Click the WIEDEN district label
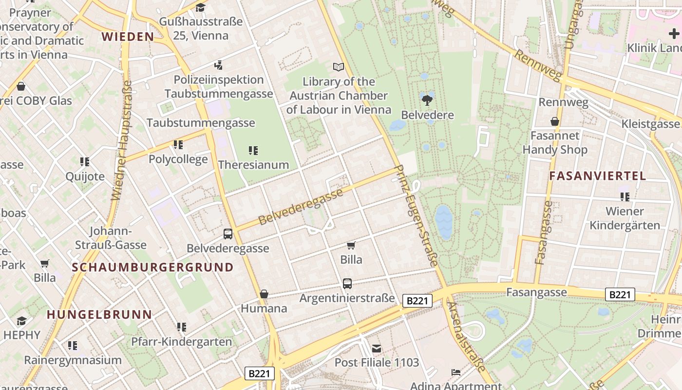click(x=128, y=37)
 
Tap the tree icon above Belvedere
click(x=427, y=101)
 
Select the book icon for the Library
click(x=338, y=67)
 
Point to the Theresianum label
click(x=253, y=165)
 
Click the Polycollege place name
click(x=178, y=159)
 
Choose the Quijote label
click(x=85, y=176)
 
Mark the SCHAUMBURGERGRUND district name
click(x=153, y=267)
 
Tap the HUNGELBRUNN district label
click(x=99, y=314)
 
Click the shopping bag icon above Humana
click(x=264, y=294)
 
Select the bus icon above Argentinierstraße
click(x=347, y=283)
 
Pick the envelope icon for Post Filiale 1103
click(x=377, y=348)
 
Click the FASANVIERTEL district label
click(x=598, y=176)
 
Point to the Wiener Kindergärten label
click(x=625, y=218)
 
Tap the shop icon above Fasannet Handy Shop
click(x=554, y=121)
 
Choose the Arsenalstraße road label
click(x=466, y=336)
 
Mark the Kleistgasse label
click(x=650, y=124)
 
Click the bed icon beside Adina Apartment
click(x=455, y=372)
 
